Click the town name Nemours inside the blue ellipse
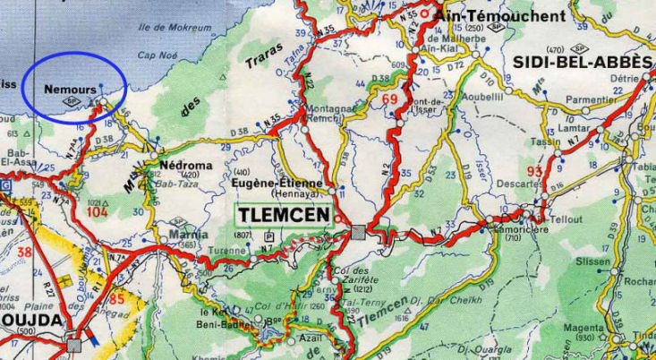(x=70, y=90)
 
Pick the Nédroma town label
(x=186, y=166)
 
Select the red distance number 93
(x=535, y=171)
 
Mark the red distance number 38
(x=24, y=253)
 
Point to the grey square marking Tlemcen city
(x=358, y=233)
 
